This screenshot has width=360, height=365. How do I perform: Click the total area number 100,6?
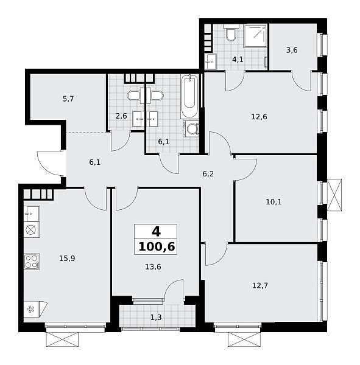tap(157, 247)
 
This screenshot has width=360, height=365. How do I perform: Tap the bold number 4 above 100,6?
tap(156, 232)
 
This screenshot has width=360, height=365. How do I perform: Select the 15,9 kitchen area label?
tap(67, 259)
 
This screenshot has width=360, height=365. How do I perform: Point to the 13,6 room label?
tap(153, 267)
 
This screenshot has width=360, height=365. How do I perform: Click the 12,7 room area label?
tap(260, 285)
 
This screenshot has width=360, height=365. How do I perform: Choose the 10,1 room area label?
tap(274, 201)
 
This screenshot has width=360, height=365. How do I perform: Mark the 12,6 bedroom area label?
tap(259, 116)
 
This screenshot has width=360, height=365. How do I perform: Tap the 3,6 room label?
tap(292, 50)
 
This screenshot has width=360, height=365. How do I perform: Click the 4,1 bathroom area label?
tap(238, 60)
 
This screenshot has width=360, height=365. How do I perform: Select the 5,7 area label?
tap(68, 99)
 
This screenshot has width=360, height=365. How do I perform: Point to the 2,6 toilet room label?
tap(121, 116)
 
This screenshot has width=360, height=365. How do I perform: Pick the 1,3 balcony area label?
tap(156, 318)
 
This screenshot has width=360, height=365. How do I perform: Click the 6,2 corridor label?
tap(208, 174)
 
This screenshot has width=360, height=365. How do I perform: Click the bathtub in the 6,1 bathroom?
tap(190, 96)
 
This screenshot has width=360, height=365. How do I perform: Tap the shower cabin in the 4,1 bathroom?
tap(255, 35)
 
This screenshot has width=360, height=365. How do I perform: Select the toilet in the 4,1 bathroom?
tap(231, 33)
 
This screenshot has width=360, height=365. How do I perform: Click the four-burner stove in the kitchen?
tap(32, 262)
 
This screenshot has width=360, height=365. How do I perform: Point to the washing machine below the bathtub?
tap(191, 128)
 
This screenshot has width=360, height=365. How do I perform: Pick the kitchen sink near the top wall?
tap(32, 214)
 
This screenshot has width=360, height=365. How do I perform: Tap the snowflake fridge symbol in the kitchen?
tap(31, 309)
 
